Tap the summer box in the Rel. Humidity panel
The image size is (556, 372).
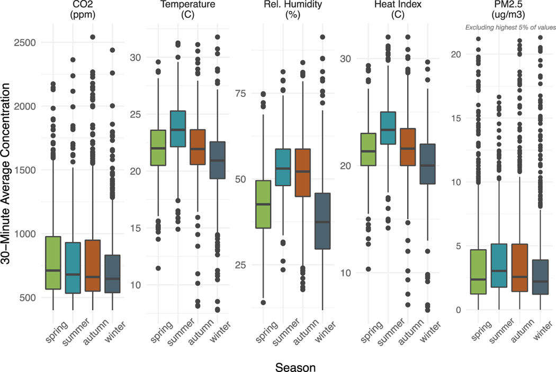point(283,167)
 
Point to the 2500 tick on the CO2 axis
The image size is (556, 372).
point(31,42)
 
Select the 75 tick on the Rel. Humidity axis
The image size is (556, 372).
point(241,93)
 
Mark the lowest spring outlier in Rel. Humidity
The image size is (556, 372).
point(263,303)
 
